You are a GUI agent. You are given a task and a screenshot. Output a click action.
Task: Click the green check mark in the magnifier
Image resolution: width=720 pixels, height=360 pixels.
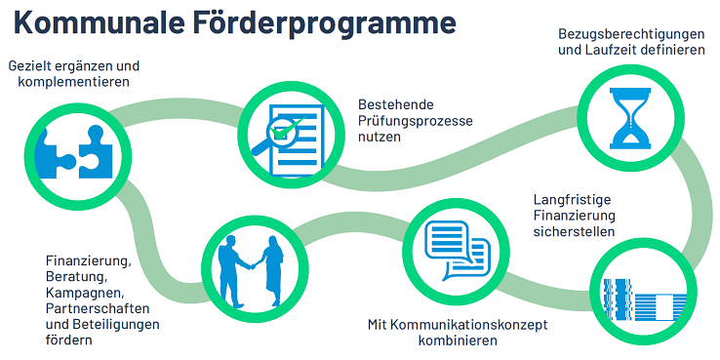coord(284,128)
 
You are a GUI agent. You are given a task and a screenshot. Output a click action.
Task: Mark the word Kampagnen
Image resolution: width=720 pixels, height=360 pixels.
coord(85,293)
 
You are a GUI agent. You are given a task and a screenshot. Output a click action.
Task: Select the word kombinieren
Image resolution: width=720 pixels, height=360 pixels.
coord(458,340)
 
